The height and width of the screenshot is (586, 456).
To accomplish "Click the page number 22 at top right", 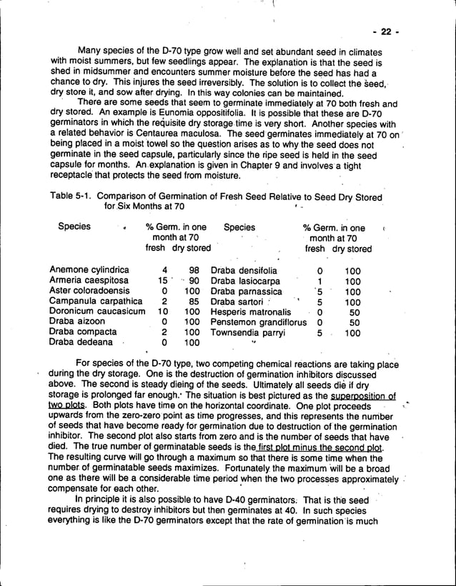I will pos(386,31).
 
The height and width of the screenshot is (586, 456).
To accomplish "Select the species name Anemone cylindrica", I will pos(89,271).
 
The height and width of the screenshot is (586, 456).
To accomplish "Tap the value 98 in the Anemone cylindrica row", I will pos(194,271).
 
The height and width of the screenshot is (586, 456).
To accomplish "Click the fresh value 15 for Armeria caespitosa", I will pos(162,281).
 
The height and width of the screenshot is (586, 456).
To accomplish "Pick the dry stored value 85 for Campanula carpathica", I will pos(194,302).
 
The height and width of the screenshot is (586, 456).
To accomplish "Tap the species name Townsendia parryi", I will pos(247,332).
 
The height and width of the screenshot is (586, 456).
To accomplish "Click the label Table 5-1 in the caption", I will pos(71,197).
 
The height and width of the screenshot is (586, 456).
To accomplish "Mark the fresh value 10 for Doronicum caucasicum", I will pos(162,312).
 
